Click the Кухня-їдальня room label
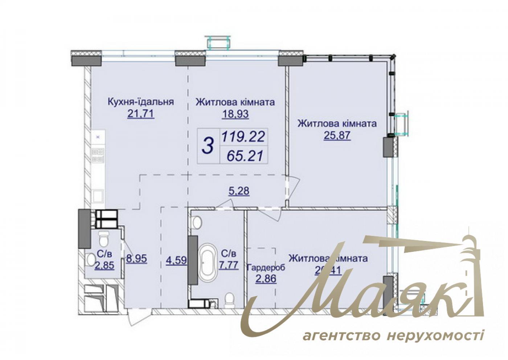[x=141, y=102]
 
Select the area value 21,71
[x=141, y=114]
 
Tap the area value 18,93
[x=235, y=114]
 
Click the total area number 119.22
[x=243, y=137]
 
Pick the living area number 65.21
[x=245, y=156]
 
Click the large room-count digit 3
[x=208, y=146]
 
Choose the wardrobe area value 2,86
[x=266, y=279]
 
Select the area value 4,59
[x=176, y=260]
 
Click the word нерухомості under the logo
[x=435, y=335]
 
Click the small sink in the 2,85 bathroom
[x=90, y=259]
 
